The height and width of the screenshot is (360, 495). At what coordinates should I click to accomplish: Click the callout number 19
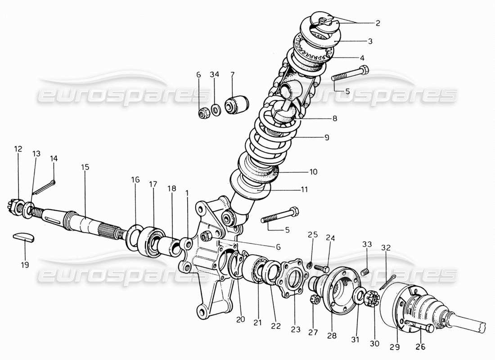[25, 265]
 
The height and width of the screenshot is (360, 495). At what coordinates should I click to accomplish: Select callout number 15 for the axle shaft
[85, 167]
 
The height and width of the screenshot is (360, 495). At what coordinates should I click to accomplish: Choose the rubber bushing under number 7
[237, 104]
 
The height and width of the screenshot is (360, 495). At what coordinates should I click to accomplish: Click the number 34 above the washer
[214, 75]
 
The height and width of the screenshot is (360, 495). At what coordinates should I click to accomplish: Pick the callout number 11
[304, 189]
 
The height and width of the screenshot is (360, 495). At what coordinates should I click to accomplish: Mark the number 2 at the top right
[378, 23]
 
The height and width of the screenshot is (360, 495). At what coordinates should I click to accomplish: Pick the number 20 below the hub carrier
[240, 319]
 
